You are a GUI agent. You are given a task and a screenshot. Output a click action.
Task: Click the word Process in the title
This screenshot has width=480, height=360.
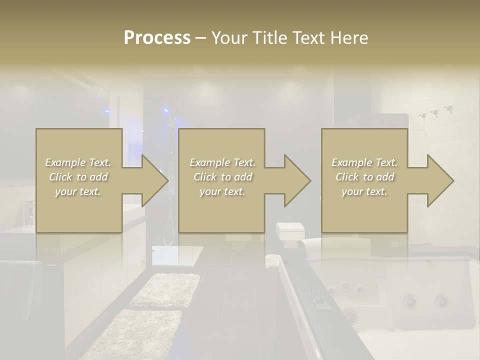pos(157,38)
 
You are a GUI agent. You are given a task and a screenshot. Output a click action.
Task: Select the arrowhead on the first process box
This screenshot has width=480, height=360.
pos(155,180)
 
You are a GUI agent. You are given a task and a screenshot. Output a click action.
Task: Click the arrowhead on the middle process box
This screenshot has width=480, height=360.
pos(297,180)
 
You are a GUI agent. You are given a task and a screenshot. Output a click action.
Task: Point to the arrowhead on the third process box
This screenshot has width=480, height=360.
pos(440,180)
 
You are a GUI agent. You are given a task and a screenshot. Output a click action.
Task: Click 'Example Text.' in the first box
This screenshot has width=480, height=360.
pos(78,162)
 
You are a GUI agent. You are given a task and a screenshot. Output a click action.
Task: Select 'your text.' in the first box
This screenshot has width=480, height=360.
pos(78,191)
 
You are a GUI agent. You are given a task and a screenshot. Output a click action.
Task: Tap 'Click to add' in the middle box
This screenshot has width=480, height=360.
pos(222,177)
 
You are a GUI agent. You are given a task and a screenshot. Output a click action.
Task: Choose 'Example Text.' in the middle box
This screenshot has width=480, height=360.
pos(222,162)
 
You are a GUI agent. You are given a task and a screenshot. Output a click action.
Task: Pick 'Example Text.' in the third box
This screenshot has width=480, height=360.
pos(364,162)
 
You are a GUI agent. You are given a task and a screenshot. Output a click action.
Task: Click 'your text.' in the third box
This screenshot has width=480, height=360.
pos(364,191)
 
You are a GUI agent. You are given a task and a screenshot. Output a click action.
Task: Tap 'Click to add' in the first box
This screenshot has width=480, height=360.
pos(78,177)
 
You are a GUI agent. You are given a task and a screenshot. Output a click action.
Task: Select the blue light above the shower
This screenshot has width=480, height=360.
pos(165,109)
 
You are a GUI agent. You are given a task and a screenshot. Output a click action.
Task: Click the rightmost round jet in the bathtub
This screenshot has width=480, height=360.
pos(441,301)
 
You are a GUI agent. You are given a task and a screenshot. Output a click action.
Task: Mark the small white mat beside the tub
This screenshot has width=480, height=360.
pos(272,260)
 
